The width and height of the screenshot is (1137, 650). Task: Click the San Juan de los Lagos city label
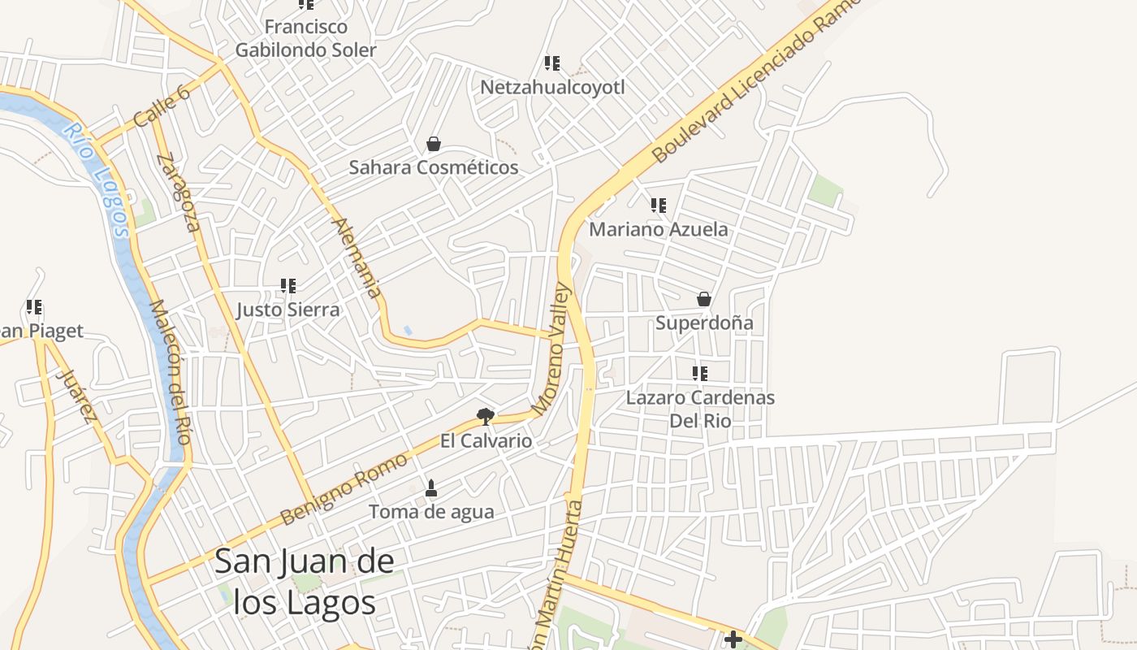[305, 582]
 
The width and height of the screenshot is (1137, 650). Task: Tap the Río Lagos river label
[97, 180]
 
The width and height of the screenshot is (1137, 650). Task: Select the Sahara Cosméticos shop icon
[434, 144]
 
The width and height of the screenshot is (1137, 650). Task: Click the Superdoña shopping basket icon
[704, 299]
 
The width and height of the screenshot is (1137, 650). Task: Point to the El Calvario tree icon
[486, 418]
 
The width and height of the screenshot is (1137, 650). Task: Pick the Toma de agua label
[431, 512]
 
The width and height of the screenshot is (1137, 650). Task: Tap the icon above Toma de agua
[431, 488]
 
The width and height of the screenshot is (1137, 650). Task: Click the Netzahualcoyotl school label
[552, 87]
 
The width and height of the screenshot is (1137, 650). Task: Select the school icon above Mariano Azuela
[658, 206]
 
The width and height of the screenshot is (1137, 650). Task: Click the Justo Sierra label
[288, 310]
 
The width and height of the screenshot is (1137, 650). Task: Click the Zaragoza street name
[179, 193]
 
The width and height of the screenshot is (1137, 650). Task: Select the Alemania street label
[357, 258]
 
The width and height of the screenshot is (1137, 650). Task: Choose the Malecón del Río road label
[170, 372]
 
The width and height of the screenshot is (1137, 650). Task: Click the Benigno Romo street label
[344, 489]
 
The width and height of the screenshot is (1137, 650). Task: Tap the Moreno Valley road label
[552, 349]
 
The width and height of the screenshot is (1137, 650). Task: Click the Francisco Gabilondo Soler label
[306, 38]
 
